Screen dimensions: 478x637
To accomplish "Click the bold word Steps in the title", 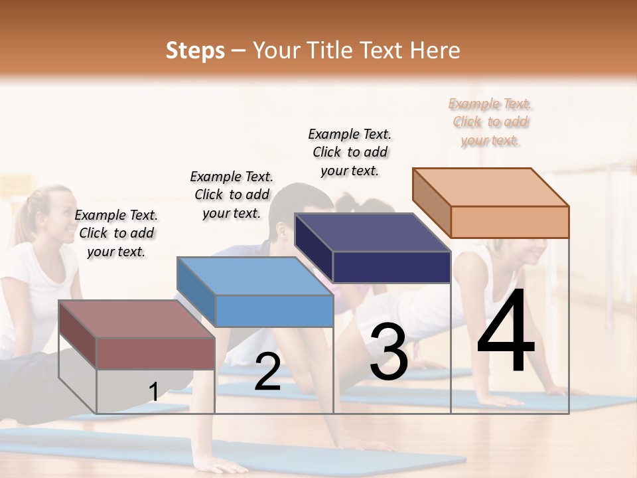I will (x=195, y=50).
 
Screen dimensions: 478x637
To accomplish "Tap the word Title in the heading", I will (x=326, y=50).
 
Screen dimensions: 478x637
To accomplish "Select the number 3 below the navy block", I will (x=388, y=352).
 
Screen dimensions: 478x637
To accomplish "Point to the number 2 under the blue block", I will (x=267, y=372).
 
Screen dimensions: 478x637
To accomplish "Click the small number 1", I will (x=153, y=392).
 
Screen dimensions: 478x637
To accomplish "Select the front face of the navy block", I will (x=391, y=268).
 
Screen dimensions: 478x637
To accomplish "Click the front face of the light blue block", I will (x=274, y=311).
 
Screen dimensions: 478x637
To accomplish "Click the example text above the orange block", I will (x=490, y=121).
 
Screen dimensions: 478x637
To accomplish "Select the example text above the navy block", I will (x=350, y=152).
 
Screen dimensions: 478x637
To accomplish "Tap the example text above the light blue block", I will (x=232, y=195).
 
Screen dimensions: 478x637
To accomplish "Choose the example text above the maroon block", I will (x=116, y=233).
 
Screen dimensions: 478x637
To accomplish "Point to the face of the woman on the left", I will (x=61, y=219).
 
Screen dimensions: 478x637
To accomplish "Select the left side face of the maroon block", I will (x=77, y=334).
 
